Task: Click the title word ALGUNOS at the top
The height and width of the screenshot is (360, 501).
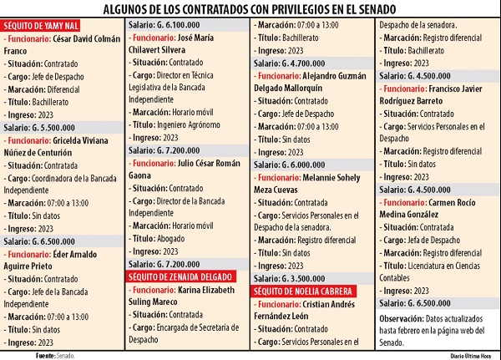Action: click(x=126, y=9)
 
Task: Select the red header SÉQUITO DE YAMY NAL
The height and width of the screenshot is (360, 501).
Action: click(x=41, y=27)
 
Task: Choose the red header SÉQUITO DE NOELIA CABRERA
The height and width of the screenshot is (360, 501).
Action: click(x=306, y=291)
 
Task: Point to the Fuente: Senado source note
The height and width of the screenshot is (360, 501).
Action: click(x=55, y=355)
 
